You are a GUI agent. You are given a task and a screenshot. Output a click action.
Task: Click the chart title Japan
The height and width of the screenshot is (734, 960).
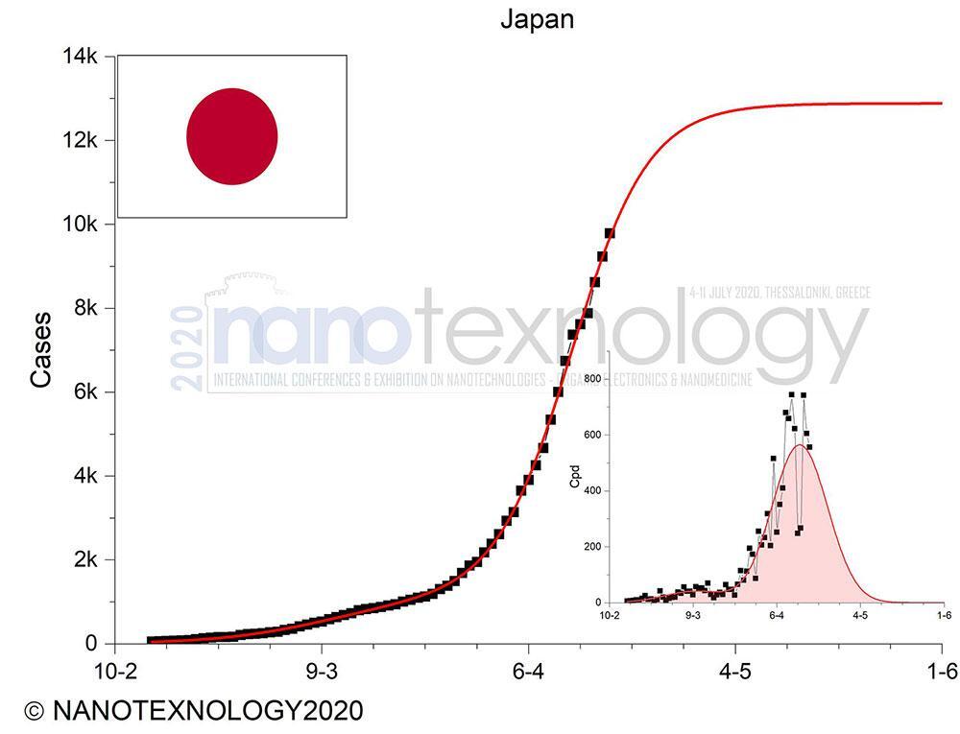(537, 19)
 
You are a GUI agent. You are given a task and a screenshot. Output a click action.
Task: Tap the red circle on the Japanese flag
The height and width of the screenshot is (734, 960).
(231, 136)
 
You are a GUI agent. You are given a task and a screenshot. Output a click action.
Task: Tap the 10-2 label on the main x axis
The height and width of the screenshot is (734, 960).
(114, 671)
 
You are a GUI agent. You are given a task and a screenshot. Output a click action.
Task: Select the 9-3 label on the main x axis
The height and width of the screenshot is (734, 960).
(322, 671)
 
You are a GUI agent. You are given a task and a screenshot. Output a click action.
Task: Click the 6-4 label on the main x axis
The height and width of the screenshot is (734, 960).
(528, 671)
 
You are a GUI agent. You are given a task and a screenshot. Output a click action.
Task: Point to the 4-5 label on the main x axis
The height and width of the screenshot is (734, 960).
(735, 671)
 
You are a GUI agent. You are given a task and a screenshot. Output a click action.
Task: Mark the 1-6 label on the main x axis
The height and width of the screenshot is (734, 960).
(941, 671)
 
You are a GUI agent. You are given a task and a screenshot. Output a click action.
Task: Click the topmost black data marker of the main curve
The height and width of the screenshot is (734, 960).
(609, 233)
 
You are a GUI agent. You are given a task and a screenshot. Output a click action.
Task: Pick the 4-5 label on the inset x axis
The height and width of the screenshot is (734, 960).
(859, 615)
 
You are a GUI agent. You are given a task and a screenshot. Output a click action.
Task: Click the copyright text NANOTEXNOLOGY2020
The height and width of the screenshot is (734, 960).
(195, 711)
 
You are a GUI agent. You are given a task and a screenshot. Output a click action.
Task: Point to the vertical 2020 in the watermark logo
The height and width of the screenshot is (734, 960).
(189, 349)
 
